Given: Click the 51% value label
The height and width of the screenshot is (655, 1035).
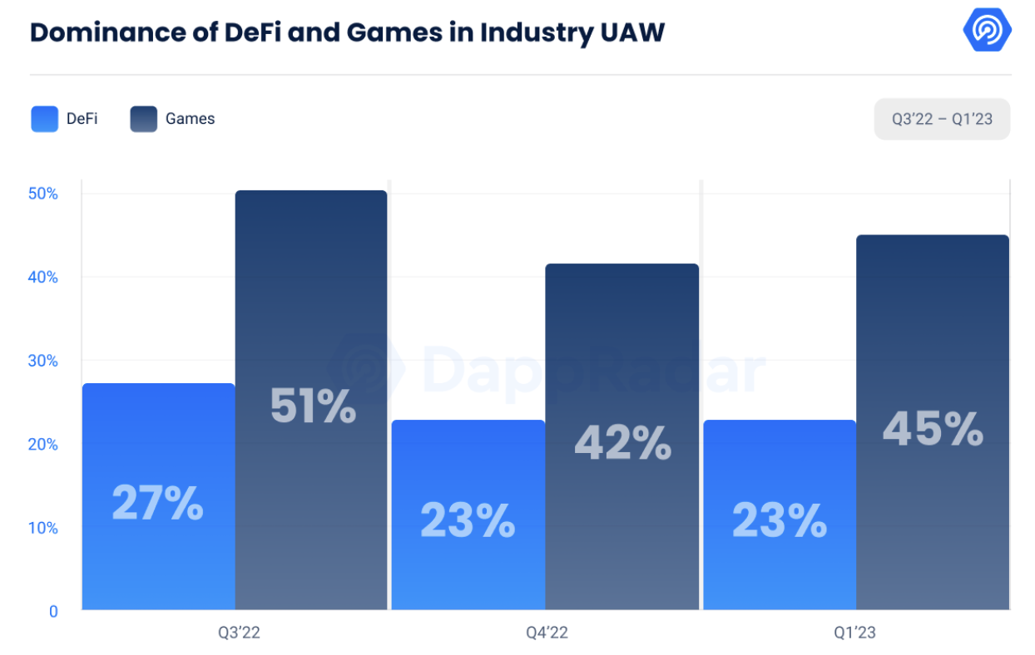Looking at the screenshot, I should (x=313, y=406).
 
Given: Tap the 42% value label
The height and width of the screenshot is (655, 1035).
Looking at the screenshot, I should (x=622, y=443).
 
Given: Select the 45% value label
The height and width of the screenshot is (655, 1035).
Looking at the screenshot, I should (x=933, y=429).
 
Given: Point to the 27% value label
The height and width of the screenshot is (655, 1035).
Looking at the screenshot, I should (x=158, y=503).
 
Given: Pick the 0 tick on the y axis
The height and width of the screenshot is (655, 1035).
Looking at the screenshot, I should (x=53, y=611).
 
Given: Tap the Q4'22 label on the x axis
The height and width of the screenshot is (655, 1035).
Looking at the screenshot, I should (x=547, y=633).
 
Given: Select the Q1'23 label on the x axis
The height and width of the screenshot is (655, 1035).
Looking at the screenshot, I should (x=855, y=633).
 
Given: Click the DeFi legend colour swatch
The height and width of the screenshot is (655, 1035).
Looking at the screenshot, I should (x=44, y=119).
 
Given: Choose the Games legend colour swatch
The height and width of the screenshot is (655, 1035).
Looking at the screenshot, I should (x=143, y=119).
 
